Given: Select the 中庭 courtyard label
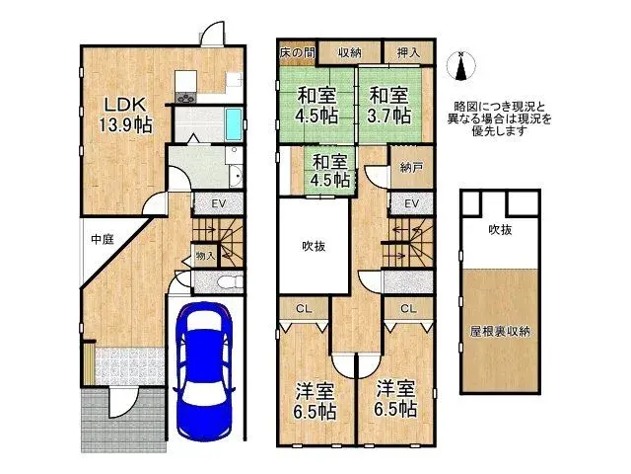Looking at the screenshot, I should coord(103,239).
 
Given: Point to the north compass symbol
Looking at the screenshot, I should coord(459,66).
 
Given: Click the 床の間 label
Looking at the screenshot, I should coord(295,52).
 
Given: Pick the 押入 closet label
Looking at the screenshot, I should coord(408,52).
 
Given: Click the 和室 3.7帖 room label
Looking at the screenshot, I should coord(389,105).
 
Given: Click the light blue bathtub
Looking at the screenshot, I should coord(232,125).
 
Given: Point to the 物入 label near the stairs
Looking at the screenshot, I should coord(205,256).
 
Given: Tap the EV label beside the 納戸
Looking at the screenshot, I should coord(411,203).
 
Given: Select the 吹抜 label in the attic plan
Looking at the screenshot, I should coord(499,230).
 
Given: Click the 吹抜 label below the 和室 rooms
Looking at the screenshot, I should coord(314,247).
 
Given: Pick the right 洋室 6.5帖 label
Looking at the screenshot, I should coord(393,399).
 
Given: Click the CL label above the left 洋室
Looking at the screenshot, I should coord(304,308).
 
